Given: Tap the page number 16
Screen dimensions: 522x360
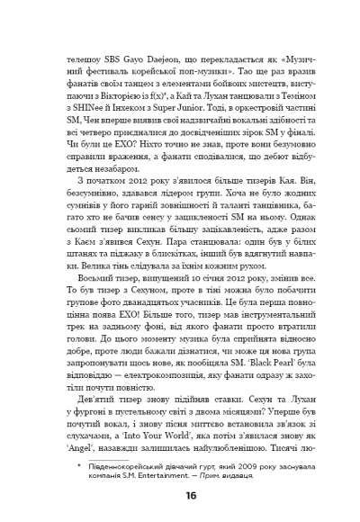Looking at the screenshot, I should point(180,521).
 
